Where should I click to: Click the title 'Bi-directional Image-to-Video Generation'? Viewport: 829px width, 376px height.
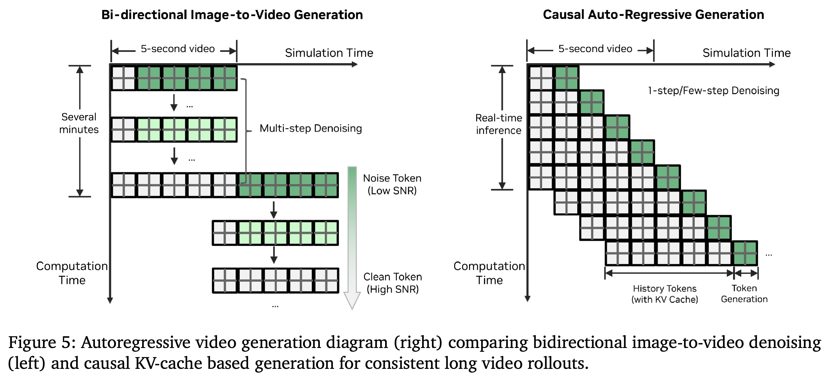(x=232, y=15)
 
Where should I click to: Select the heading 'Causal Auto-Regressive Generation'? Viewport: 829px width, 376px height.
(x=653, y=15)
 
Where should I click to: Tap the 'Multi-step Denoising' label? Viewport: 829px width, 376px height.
(x=311, y=128)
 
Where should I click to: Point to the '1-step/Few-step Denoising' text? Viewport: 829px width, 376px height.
(x=713, y=91)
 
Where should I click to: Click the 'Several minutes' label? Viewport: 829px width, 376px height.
(x=79, y=123)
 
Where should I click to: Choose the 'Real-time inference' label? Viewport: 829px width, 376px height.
(x=499, y=124)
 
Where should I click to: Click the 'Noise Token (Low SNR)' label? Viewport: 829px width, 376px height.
(x=392, y=184)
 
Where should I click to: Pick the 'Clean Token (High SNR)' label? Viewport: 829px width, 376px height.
(x=393, y=283)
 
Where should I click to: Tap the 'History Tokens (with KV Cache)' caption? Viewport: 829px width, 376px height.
(x=665, y=294)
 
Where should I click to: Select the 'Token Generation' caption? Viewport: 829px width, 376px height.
(x=744, y=294)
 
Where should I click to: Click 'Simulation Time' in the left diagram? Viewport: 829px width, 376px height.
(x=329, y=53)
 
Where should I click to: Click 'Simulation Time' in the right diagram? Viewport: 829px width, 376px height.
(x=746, y=53)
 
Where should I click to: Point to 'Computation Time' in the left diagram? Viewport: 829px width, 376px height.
(x=72, y=273)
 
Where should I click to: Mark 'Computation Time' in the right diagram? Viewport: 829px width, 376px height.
(x=489, y=273)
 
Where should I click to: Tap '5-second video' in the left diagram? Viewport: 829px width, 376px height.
(x=178, y=49)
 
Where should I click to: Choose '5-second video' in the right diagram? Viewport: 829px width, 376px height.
(x=595, y=49)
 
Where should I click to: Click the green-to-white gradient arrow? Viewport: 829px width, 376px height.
(x=352, y=238)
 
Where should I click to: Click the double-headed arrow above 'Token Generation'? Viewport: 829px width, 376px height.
(x=746, y=274)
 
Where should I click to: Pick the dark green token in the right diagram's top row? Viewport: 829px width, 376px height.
(x=566, y=78)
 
